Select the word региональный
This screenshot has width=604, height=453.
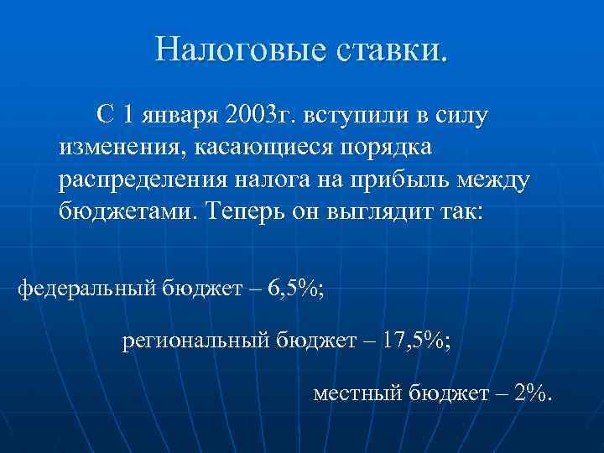point(194,341)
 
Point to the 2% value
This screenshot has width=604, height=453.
point(530,392)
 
